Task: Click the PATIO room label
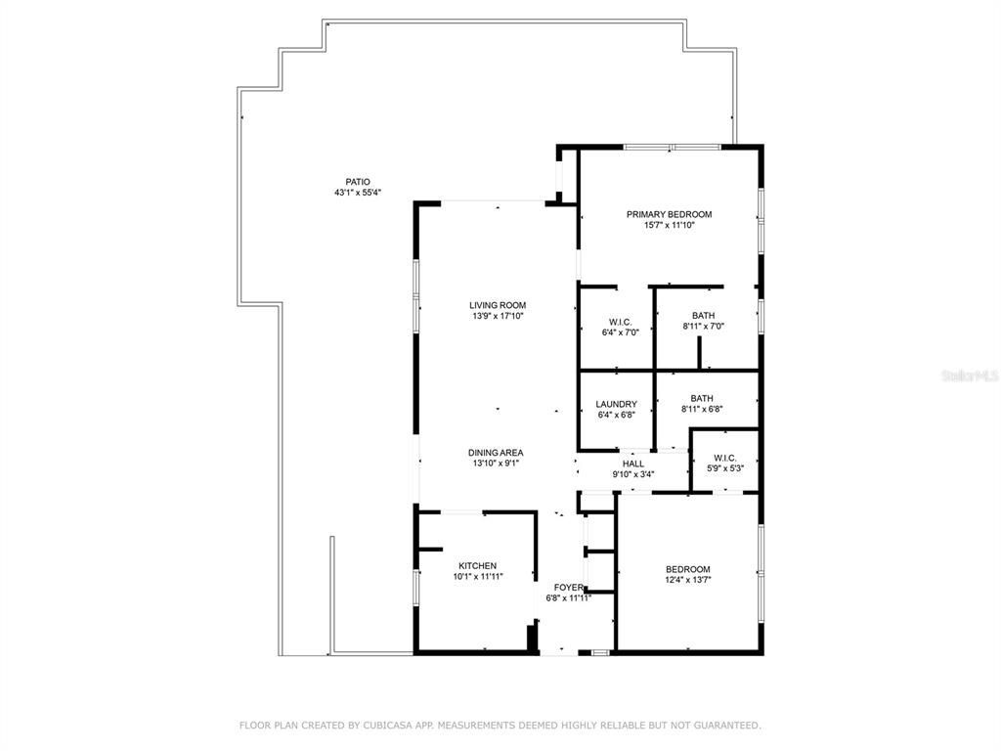pyautogui.click(x=357, y=182)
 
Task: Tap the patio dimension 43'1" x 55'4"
pyautogui.click(x=357, y=193)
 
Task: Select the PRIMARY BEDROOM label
pyautogui.click(x=669, y=214)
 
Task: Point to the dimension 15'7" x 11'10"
pyautogui.click(x=669, y=225)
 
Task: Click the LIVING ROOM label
pyautogui.click(x=498, y=305)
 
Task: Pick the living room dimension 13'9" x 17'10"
pyautogui.click(x=498, y=316)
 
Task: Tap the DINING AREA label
pyautogui.click(x=495, y=453)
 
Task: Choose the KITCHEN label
pyautogui.click(x=478, y=566)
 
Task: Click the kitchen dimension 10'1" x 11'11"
pyautogui.click(x=478, y=577)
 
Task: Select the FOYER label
pyautogui.click(x=569, y=588)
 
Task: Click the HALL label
pyautogui.click(x=632, y=464)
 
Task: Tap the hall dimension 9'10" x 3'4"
pyautogui.click(x=632, y=474)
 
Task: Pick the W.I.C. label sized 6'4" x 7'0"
pyautogui.click(x=620, y=321)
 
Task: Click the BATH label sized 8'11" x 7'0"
pyautogui.click(x=702, y=315)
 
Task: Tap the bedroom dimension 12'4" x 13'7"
pyautogui.click(x=687, y=580)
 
